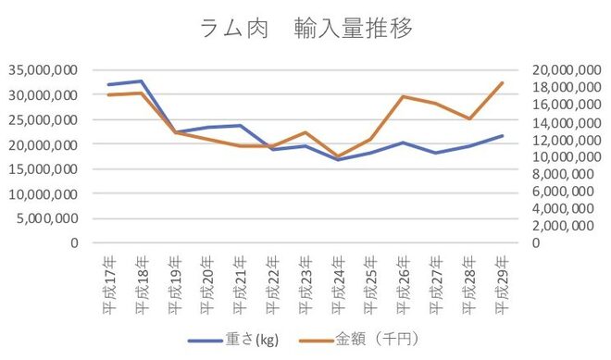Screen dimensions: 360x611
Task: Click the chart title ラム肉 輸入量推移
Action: pos(306,28)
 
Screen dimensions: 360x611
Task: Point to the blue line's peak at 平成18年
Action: pos(141,81)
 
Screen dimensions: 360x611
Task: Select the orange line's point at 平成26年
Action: pos(403,96)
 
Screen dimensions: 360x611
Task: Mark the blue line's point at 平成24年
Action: pos(338,159)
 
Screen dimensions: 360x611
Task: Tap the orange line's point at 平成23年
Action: pos(305,132)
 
